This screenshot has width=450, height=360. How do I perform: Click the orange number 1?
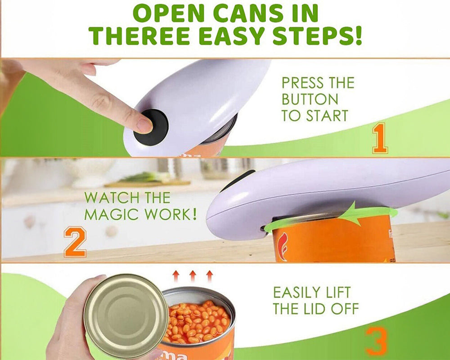pyautogui.click(x=379, y=139)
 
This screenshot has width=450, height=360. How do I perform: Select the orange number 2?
pyautogui.click(x=75, y=242)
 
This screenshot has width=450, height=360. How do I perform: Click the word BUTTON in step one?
pyautogui.click(x=310, y=99)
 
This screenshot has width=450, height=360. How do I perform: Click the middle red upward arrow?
pyautogui.click(x=193, y=275)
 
